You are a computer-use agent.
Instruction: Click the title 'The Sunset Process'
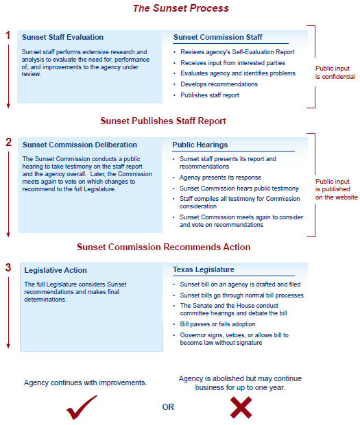point(180,9)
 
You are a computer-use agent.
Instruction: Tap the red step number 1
point(8,34)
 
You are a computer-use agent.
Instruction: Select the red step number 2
point(8,143)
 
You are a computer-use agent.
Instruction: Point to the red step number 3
point(8,267)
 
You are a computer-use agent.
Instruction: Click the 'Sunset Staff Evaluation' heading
point(62,37)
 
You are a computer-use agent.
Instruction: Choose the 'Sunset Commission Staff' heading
point(217,37)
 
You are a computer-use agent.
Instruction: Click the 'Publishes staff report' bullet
point(210,95)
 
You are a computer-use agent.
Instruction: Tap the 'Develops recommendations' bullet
point(219,84)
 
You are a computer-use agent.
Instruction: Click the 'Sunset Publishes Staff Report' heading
point(163,121)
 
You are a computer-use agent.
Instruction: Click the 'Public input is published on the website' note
point(336,189)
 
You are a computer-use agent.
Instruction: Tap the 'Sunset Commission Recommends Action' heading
point(163,247)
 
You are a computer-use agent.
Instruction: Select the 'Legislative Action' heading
point(56,270)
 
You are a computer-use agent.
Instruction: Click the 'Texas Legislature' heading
point(203,269)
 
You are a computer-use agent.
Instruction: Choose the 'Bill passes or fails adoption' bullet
point(217,324)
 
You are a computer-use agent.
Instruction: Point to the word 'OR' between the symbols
point(168,407)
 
